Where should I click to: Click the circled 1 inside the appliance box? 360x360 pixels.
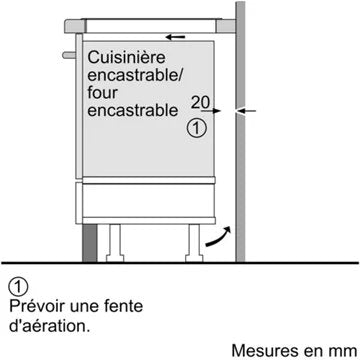tap(197, 128)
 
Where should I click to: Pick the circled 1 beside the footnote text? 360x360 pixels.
tap(15, 284)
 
